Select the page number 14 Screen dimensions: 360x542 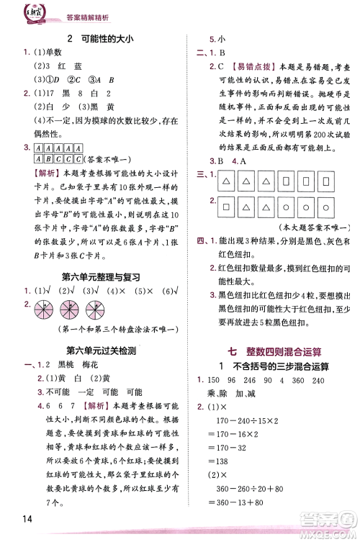tap(22, 518)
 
